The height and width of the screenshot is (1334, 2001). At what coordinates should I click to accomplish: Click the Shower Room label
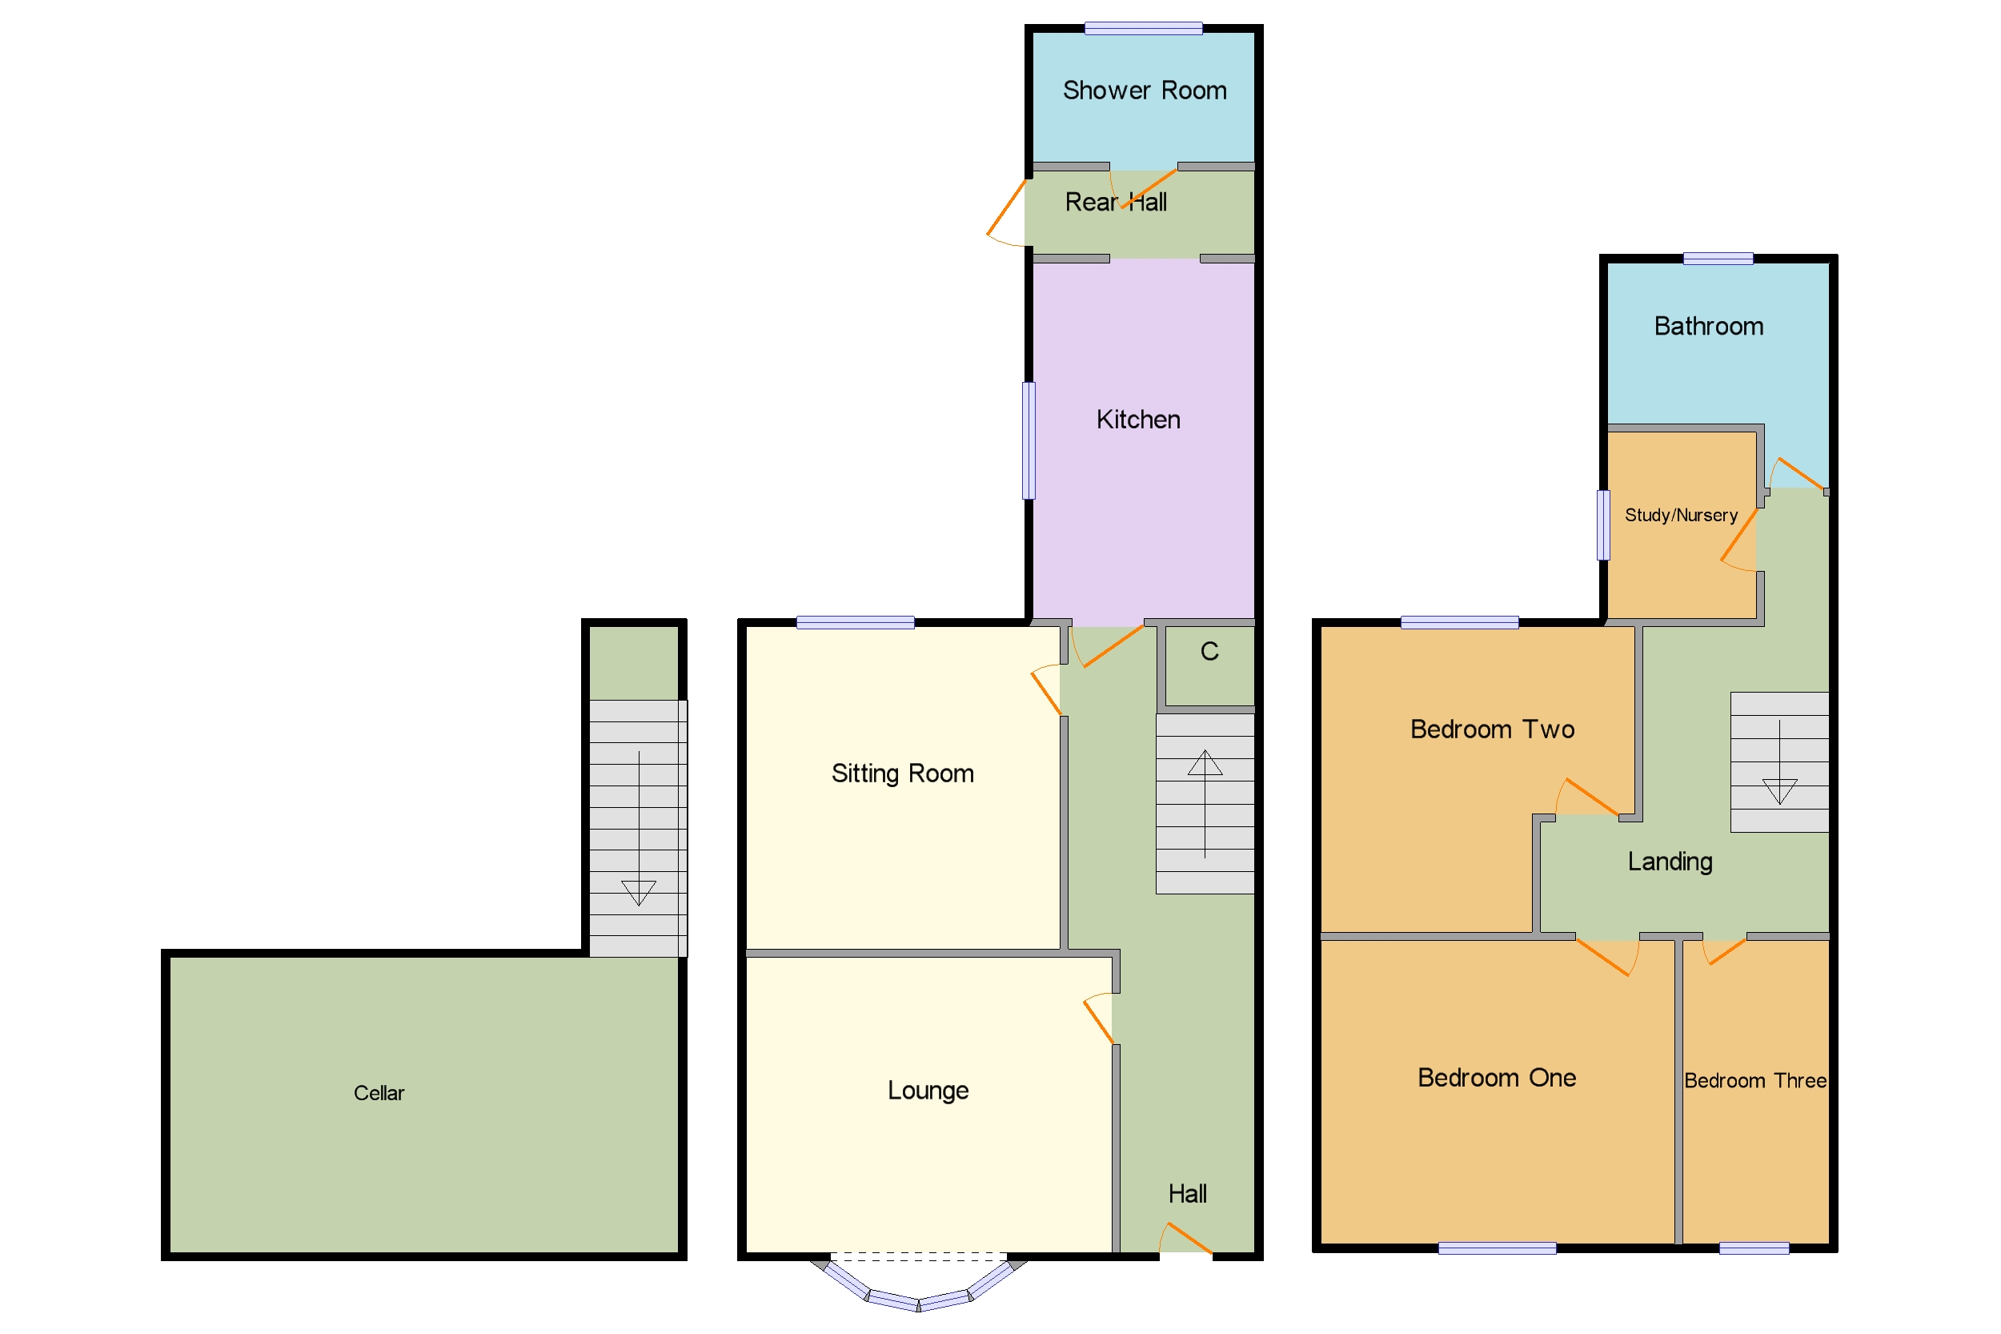tap(1144, 90)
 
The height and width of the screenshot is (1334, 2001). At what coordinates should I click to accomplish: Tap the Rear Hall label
tap(1115, 203)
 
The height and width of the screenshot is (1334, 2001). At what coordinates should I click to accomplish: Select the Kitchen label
tap(1138, 420)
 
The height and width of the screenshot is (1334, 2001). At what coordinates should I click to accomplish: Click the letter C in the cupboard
tap(1209, 652)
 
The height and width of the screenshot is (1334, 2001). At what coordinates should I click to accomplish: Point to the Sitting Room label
tap(902, 773)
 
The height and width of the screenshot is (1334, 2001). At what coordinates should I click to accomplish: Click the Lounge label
tap(928, 1091)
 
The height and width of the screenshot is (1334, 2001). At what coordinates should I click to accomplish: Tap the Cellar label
tap(379, 1093)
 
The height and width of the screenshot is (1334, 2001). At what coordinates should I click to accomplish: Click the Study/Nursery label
tap(1680, 516)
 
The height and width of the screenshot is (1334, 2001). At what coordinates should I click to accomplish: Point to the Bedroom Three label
tap(1754, 1081)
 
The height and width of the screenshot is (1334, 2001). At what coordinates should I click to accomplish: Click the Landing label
tap(1670, 862)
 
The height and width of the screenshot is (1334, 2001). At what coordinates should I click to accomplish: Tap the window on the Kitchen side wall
tap(1029, 440)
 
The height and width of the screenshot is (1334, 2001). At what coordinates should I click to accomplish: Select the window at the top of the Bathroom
tap(1717, 259)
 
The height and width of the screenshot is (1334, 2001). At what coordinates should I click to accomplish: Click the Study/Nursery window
tap(1602, 526)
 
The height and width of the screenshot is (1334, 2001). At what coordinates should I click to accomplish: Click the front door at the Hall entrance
tap(1186, 1240)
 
